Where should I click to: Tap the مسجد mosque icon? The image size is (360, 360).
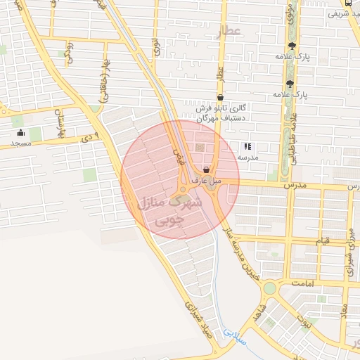20,132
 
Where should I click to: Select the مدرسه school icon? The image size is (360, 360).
247,147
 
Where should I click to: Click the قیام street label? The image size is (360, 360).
322,241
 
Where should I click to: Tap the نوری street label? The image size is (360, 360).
155,46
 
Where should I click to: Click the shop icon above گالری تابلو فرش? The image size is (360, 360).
220,98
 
